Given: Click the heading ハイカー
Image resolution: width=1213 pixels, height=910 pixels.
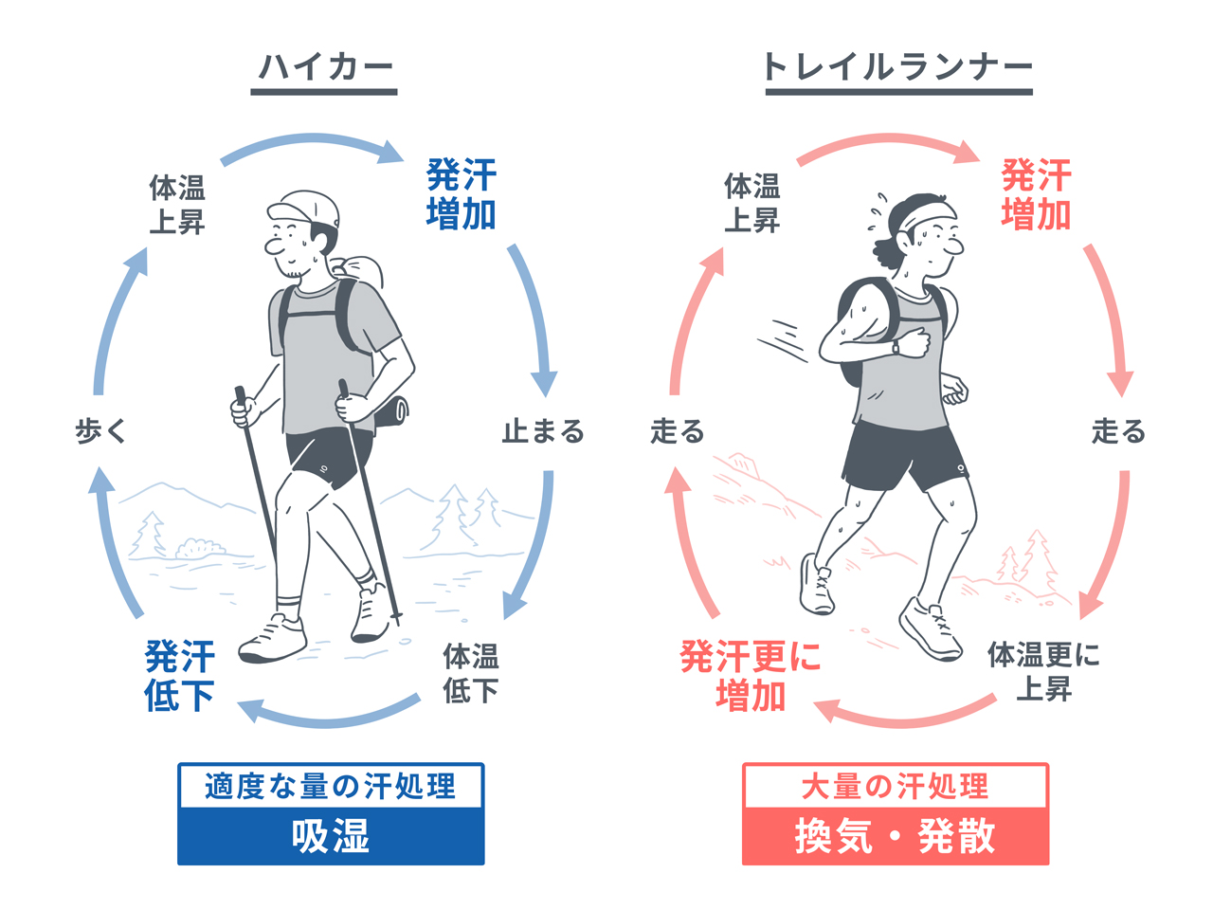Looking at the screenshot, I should [325, 67].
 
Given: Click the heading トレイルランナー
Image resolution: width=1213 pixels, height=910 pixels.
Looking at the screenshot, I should [897, 67].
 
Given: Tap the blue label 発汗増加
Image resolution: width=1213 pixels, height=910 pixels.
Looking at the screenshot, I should [462, 194].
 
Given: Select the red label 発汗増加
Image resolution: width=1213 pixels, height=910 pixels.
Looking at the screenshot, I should [1036, 194].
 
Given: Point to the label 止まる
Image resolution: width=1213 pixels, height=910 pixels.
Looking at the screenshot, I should [543, 432].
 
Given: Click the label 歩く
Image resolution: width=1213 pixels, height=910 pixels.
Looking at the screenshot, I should [100, 432].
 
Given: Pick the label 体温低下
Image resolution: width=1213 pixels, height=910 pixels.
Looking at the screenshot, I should [471, 673].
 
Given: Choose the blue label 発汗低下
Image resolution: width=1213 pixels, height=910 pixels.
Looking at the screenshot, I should [180, 676].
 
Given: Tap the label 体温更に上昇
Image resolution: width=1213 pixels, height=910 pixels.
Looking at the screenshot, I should [1043, 671].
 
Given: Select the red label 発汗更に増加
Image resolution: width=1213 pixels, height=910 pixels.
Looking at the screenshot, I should [751, 676].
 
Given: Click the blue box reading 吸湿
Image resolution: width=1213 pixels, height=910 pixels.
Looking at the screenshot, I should [331, 837].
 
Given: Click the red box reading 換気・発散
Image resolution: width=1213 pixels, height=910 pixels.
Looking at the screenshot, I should [896, 837].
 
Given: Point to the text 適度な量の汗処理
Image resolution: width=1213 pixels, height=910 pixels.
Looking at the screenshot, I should [331, 787].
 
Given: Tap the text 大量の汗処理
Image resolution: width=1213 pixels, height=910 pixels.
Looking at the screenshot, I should [896, 787].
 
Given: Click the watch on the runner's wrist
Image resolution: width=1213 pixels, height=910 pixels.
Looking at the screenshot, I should [896, 347].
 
